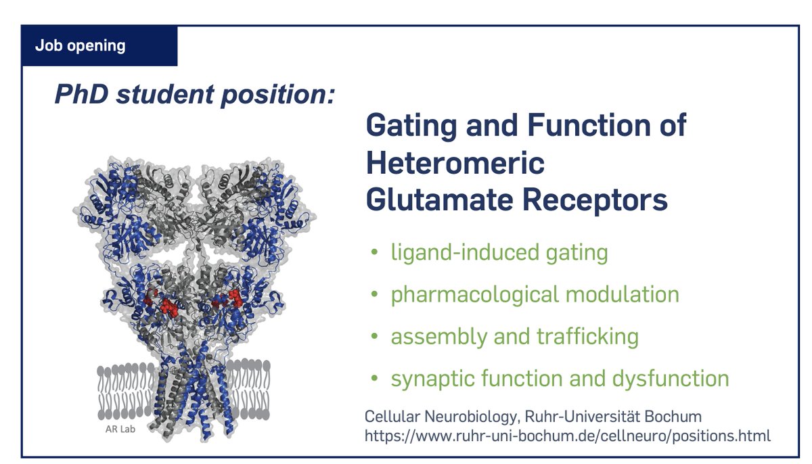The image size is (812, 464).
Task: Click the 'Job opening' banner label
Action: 80,46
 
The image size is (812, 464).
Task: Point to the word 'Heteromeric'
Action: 455,162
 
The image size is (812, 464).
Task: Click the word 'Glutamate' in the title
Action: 439,200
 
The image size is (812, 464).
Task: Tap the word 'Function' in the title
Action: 589,125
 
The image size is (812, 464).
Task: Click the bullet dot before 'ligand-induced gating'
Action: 374,252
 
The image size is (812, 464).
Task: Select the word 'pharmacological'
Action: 474,295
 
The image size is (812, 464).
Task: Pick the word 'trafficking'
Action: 587,337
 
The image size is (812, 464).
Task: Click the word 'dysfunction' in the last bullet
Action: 671,379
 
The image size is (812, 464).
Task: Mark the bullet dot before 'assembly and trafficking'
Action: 374,336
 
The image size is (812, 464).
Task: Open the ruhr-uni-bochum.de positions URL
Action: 567,436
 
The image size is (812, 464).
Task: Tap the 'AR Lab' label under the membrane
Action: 120,430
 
